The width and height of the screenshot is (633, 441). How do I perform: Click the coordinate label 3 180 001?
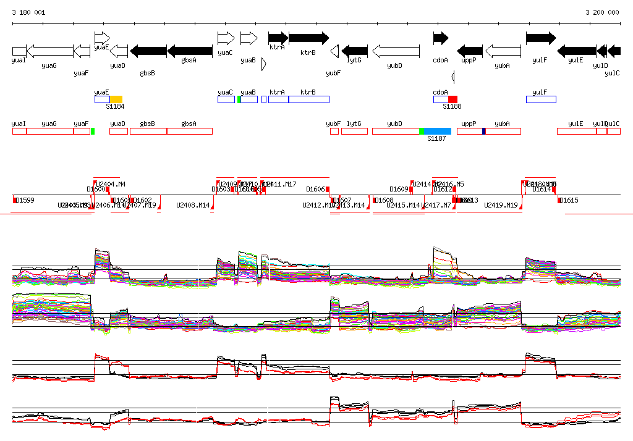click(x=28, y=12)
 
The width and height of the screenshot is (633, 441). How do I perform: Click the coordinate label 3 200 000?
click(x=602, y=12)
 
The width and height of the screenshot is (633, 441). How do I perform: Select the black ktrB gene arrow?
click(x=308, y=38)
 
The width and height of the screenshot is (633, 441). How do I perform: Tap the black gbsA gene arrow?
click(x=189, y=51)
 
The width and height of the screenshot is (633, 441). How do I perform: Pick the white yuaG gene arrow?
click(x=50, y=51)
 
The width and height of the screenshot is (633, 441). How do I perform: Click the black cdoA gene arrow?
click(x=441, y=38)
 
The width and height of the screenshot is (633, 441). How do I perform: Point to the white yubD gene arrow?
click(x=396, y=51)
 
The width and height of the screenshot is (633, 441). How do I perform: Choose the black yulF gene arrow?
click(x=541, y=38)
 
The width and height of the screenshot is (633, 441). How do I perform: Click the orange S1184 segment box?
click(x=116, y=99)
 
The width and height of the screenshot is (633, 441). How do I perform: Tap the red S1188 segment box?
click(x=453, y=99)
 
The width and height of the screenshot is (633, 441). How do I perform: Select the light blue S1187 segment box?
click(x=437, y=131)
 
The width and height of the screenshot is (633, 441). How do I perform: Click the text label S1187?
click(x=436, y=138)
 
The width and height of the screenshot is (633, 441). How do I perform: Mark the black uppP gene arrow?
click(x=469, y=51)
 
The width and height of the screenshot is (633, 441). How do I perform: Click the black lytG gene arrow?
click(x=354, y=51)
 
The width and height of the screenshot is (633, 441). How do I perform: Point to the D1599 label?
click(x=25, y=200)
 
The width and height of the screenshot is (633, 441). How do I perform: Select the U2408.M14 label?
click(x=193, y=205)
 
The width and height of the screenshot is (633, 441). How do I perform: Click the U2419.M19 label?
click(x=501, y=205)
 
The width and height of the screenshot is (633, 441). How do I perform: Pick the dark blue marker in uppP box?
click(x=484, y=131)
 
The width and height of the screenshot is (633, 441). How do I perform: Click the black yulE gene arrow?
click(x=576, y=51)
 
